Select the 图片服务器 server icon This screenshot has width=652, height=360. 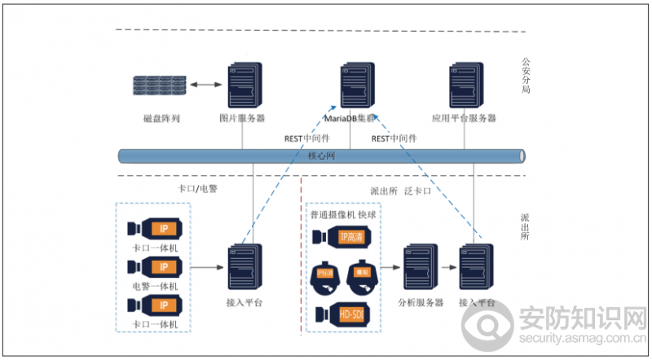[x=242, y=81]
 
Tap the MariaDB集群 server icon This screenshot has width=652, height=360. [x=355, y=81]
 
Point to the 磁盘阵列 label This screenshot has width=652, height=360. [x=161, y=119]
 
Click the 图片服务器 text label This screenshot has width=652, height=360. [x=242, y=119]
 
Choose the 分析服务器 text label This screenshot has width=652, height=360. [x=420, y=303]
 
